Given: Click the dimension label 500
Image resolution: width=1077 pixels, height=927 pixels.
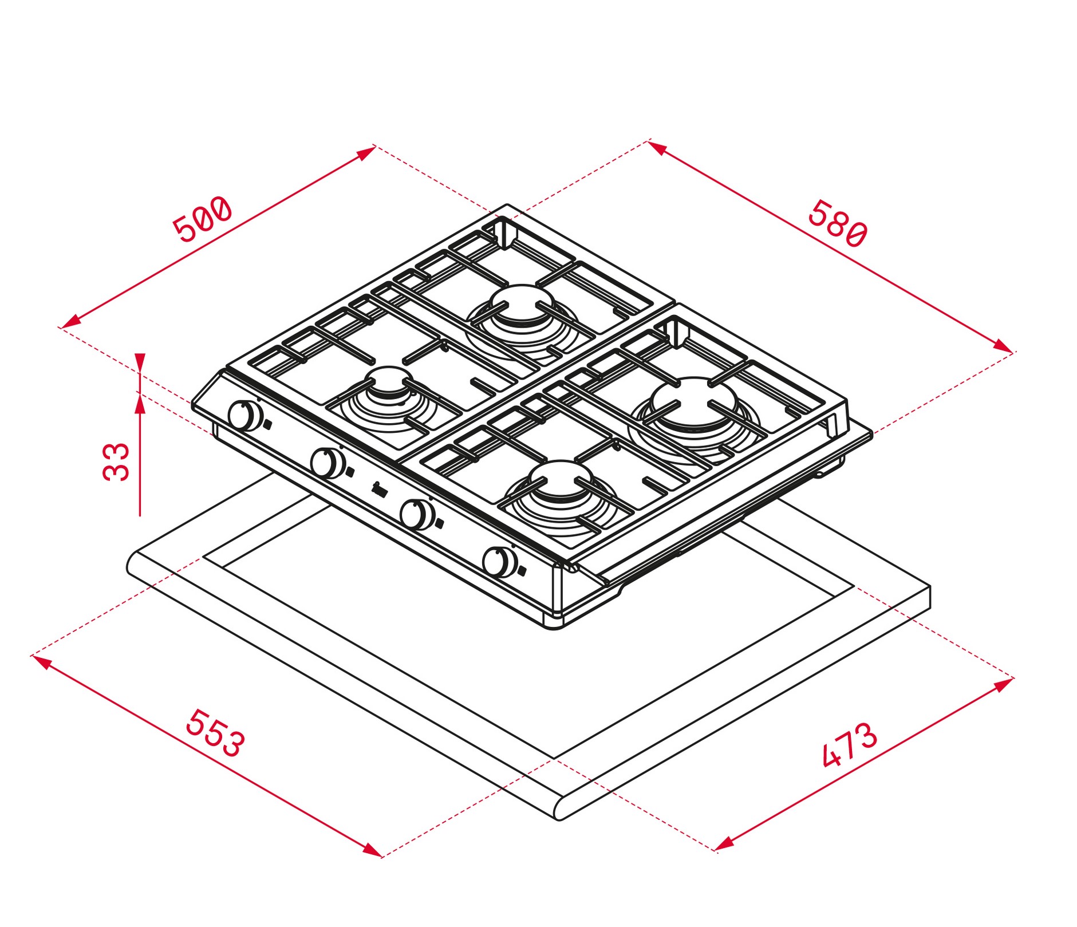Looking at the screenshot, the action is [203, 219].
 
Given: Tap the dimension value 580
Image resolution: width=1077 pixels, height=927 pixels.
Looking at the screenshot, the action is [838, 223].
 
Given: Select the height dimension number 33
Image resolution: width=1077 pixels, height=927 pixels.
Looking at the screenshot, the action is [117, 461].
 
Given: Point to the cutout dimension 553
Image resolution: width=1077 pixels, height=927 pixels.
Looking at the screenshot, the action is [215, 733].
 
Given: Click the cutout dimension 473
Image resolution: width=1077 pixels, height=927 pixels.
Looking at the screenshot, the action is [849, 744].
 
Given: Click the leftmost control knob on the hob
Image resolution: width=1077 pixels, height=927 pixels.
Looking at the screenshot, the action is [246, 416].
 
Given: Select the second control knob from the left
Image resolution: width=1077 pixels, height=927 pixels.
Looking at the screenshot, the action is [328, 463].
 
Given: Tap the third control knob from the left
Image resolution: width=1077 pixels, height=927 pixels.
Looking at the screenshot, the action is [417, 514].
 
